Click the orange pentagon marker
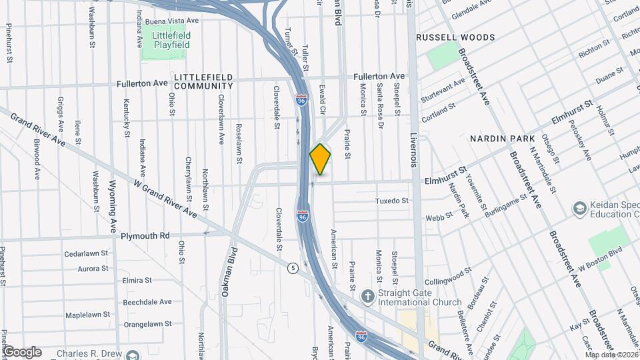click(x=321, y=159)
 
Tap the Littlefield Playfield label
click(x=167, y=39)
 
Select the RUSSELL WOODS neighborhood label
click(x=455, y=37)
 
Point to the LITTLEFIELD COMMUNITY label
click(x=203, y=81)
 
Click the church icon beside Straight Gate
click(x=367, y=295)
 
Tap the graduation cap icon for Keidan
click(x=579, y=209)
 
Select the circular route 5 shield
click(x=293, y=268)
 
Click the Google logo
click(x=22, y=352)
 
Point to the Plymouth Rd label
click(x=145, y=235)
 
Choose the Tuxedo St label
click(x=391, y=201)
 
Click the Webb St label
click(x=435, y=217)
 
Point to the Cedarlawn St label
click(x=87, y=254)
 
